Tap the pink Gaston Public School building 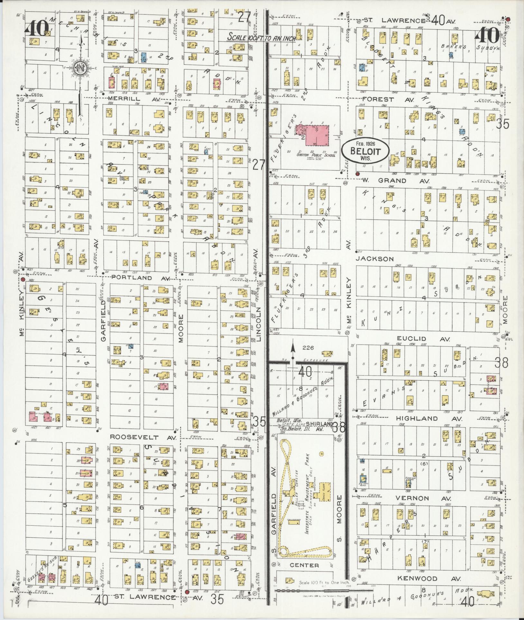click(x=316, y=135)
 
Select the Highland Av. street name click(x=429, y=419)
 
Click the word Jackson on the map click(x=375, y=259)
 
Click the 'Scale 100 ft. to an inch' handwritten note click(x=261, y=37)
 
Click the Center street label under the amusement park click(x=304, y=565)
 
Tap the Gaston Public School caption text click(x=316, y=155)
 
